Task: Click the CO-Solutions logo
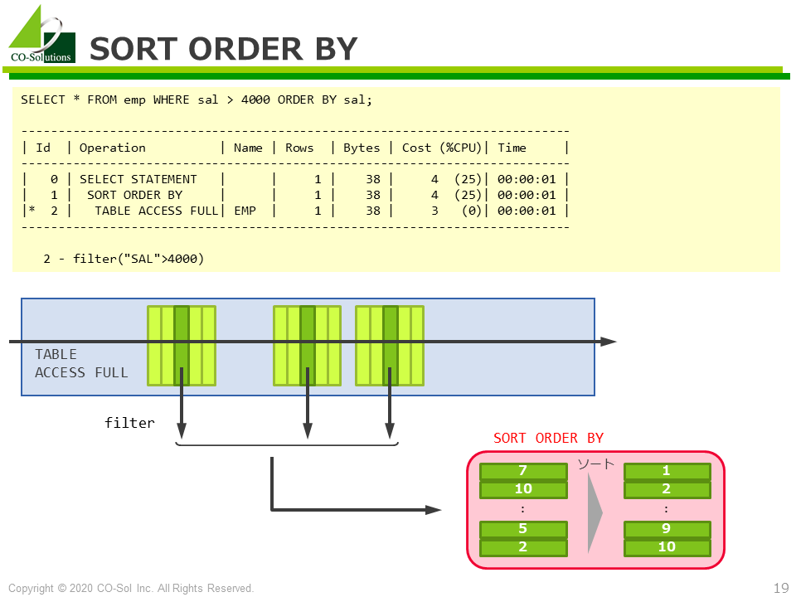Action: click(41, 36)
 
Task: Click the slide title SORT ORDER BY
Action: click(223, 49)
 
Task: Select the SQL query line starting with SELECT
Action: click(197, 99)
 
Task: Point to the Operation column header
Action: click(112, 148)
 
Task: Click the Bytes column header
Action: click(361, 148)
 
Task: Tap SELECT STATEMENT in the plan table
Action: click(138, 179)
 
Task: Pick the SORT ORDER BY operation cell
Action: click(134, 195)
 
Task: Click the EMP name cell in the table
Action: click(246, 211)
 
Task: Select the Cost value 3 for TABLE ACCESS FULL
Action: click(434, 211)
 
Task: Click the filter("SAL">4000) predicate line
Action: click(124, 259)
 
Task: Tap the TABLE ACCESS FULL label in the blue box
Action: click(81, 363)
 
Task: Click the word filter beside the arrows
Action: click(129, 423)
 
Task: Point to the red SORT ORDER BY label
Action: click(548, 438)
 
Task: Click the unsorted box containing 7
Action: click(523, 471)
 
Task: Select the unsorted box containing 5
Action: click(523, 529)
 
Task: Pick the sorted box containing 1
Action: click(667, 471)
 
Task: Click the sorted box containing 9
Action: click(667, 529)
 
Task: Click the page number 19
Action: click(780, 588)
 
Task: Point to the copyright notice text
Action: click(131, 588)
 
